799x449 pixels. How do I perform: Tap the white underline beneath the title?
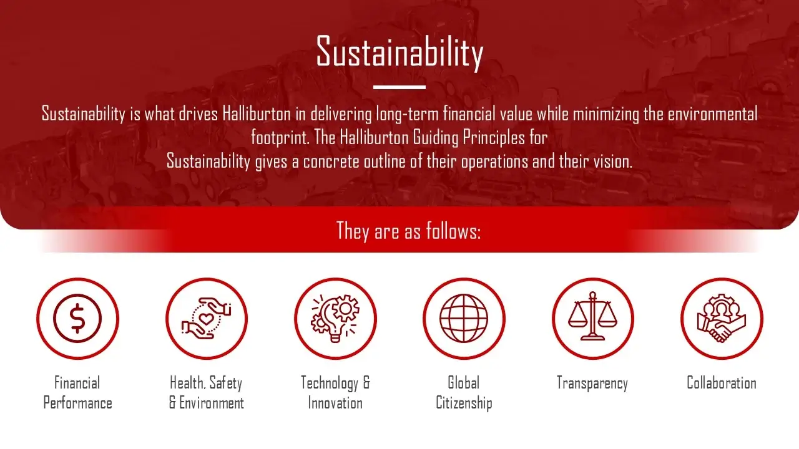tap(399, 87)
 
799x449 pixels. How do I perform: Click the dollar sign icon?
tap(77, 319)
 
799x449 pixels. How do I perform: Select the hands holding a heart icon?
tap(206, 318)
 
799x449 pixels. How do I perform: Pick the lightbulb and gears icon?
tap(335, 318)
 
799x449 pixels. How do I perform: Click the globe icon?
tap(464, 318)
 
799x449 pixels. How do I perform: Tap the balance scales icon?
tap(592, 316)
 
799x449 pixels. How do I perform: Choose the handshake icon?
tap(722, 318)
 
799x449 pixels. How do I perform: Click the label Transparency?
tap(592, 384)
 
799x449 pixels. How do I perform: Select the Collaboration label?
tap(722, 383)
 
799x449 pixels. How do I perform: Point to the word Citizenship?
tap(464, 403)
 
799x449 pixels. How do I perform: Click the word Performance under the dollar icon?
tap(78, 403)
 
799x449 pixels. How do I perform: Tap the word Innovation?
tap(335, 403)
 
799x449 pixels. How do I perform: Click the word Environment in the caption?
tap(212, 403)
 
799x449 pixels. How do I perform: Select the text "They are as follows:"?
tap(408, 231)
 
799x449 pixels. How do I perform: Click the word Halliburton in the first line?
tap(257, 114)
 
